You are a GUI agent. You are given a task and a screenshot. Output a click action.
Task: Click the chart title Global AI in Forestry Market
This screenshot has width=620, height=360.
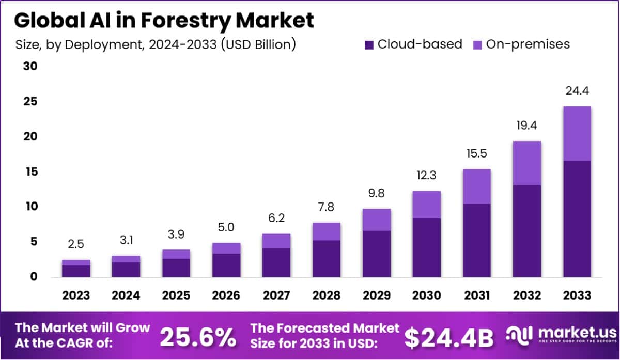[x=164, y=21]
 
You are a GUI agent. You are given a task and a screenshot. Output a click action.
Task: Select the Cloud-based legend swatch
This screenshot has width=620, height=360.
[x=369, y=44]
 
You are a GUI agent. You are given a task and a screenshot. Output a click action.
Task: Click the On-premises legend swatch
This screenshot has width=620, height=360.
[x=477, y=44]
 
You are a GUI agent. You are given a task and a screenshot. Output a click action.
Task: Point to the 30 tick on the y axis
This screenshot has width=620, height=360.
[x=30, y=67]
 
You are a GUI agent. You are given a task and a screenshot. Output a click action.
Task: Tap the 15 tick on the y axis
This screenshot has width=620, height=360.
[x=30, y=171]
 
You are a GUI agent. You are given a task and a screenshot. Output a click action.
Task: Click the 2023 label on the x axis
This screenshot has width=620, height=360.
[x=76, y=295]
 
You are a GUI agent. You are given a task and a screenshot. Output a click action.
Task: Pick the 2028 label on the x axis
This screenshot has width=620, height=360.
[x=327, y=295]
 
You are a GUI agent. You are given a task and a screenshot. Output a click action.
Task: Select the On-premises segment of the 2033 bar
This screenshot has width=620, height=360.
[x=577, y=134]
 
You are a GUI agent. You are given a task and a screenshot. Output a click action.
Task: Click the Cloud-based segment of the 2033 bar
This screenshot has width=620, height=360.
[x=577, y=219]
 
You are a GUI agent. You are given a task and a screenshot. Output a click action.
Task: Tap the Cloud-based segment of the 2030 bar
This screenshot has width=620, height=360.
[x=427, y=247]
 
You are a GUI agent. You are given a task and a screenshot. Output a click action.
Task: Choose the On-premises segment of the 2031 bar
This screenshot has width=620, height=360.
[x=477, y=186]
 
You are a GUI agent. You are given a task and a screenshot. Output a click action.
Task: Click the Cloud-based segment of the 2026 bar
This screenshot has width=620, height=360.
[x=226, y=265]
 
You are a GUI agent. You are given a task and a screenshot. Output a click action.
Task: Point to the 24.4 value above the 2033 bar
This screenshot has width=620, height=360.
[x=577, y=91]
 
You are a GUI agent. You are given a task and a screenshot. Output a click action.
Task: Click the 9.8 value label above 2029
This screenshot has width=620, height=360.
[x=377, y=194]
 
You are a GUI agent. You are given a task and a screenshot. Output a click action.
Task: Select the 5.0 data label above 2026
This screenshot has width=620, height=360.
[x=226, y=228]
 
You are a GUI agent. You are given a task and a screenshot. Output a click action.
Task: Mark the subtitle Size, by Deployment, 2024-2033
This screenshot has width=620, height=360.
[x=156, y=44]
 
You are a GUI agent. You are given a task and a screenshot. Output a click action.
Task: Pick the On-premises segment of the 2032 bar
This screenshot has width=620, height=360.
[x=527, y=163]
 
